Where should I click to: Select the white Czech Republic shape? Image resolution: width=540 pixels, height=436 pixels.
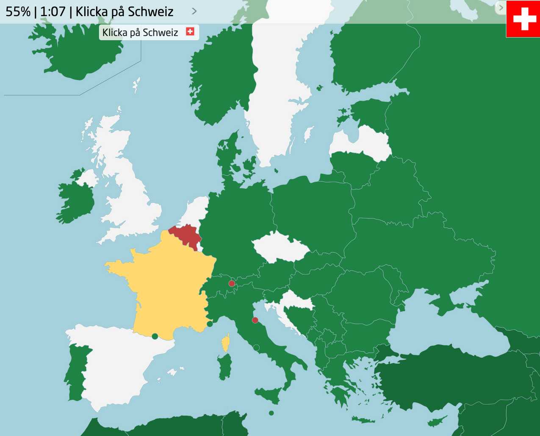pos(280,247)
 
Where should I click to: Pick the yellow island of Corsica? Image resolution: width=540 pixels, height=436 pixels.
pos(226,343)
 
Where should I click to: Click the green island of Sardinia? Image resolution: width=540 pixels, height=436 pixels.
pos(225,366)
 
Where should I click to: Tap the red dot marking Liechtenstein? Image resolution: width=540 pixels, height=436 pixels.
pos(232,283)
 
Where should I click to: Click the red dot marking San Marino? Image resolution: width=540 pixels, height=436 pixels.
pos(255,320)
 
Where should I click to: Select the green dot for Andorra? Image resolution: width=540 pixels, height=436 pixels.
pos(155,336)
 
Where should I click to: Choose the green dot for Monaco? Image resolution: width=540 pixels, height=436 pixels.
pos(210,324)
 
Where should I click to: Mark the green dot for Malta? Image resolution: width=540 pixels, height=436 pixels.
pos(271,413)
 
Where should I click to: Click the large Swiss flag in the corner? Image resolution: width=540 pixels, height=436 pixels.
pos(523,19)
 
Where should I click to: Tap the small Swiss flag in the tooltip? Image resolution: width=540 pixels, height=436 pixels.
pos(190,32)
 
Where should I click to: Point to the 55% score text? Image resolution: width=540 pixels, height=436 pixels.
pos(18,11)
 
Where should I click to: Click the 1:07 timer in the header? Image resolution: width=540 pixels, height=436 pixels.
pos(53,11)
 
